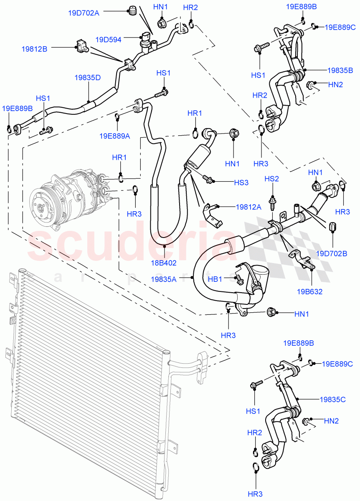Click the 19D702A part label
(x=84, y=13)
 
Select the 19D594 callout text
(x=108, y=40)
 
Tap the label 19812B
(x=34, y=49)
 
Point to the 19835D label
(x=88, y=78)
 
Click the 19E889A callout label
(x=114, y=136)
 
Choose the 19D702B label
(x=332, y=253)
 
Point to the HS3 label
(x=241, y=182)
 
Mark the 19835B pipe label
(x=340, y=70)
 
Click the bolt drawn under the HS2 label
(x=272, y=202)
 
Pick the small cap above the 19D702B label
(x=333, y=228)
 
